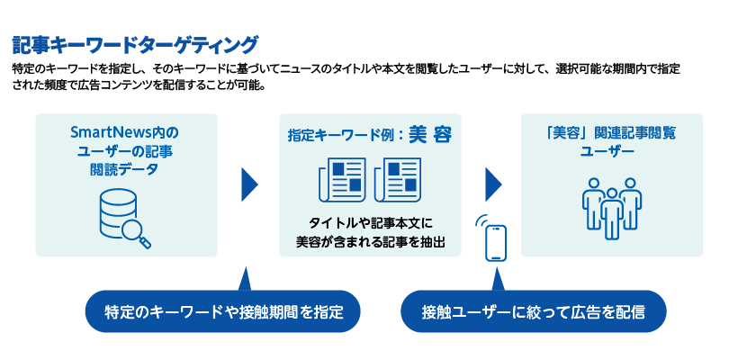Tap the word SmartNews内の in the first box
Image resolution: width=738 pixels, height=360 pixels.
[125, 131]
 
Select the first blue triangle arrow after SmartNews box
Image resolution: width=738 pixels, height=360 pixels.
[249, 184]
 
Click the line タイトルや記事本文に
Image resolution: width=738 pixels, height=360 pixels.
[370, 222]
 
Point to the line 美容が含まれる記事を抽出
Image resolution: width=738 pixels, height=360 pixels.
[370, 241]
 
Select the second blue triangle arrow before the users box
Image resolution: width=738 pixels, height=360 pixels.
[492, 184]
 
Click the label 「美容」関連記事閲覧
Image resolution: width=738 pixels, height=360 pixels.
[611, 132]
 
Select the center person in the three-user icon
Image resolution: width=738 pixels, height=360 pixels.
[612, 211]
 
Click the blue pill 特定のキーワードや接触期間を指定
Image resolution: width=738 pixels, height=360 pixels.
[222, 312]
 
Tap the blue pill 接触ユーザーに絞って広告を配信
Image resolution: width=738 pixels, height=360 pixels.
[534, 312]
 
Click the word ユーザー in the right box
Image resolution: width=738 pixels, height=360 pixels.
[611, 151]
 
